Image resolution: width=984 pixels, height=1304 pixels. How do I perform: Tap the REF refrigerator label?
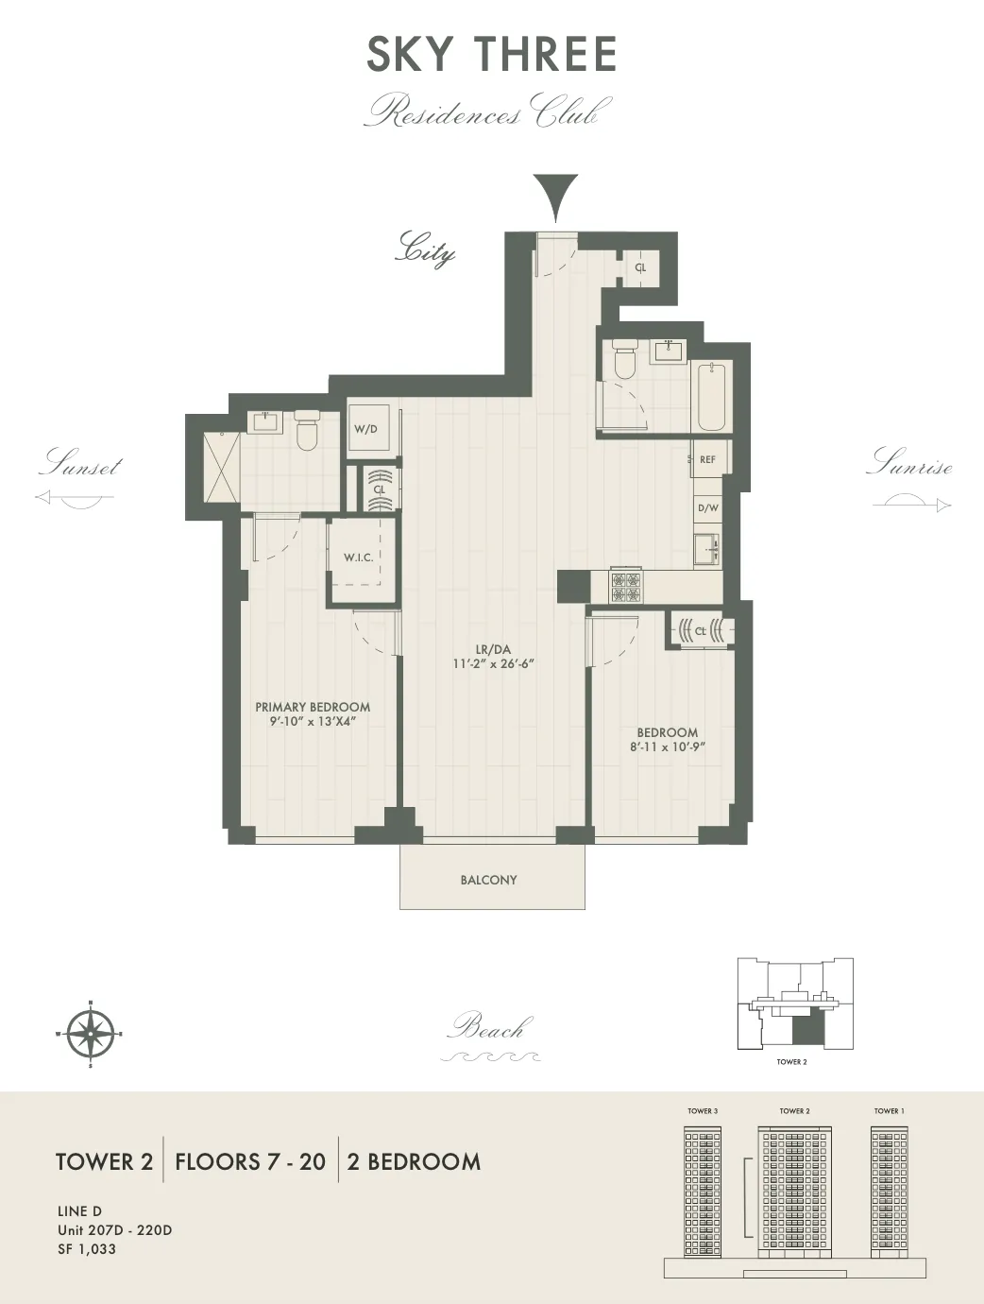[x=707, y=460]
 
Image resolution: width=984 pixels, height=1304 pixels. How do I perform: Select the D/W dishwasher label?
[x=707, y=508]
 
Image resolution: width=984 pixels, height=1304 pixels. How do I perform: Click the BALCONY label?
[x=488, y=880]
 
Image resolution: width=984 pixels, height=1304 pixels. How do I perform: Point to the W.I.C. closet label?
[x=358, y=558]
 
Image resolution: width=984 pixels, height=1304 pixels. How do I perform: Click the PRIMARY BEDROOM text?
[x=313, y=707]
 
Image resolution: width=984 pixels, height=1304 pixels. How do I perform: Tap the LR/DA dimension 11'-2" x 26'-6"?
[x=493, y=663]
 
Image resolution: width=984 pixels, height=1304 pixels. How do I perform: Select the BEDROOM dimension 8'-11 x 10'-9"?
[x=668, y=746]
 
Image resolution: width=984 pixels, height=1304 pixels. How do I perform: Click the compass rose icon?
[x=90, y=1033]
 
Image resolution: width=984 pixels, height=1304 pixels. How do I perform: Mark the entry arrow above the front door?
[x=555, y=197]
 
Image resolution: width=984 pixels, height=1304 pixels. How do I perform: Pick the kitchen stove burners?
[x=625, y=588]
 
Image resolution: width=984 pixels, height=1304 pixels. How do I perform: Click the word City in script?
[x=426, y=249]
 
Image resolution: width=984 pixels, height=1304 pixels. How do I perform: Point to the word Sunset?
[x=81, y=464]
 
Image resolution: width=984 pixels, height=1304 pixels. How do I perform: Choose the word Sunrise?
[x=908, y=463]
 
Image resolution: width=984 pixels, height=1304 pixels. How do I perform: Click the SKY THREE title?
[x=492, y=55]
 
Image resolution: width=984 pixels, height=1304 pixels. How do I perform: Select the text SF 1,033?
[x=87, y=1249]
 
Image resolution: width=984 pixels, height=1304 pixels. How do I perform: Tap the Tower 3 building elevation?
[x=702, y=1191]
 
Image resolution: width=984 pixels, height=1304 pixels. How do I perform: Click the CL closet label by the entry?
[x=640, y=268]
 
